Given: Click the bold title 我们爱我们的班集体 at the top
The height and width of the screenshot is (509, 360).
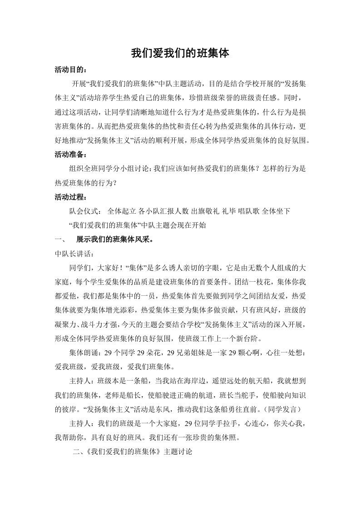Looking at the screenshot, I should click(180, 54).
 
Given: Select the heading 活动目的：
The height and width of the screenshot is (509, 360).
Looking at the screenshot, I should click(69, 70).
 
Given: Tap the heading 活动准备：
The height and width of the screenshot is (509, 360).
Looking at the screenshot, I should click(69, 154).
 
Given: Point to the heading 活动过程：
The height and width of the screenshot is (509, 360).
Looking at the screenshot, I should click(69, 197).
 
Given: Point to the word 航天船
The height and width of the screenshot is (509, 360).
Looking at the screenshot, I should click(256, 381).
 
